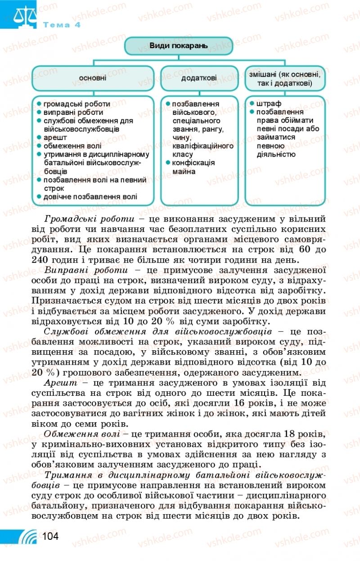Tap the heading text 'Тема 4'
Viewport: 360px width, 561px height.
pyautogui.click(x=62, y=25)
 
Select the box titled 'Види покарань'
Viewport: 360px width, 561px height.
pyautogui.click(x=178, y=45)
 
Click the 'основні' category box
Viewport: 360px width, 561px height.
pyautogui.click(x=93, y=78)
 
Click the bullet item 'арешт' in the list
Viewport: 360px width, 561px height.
pyautogui.click(x=55, y=137)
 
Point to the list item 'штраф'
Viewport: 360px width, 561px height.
pyautogui.click(x=268, y=104)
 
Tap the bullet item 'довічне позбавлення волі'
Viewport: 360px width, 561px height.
pyautogui.click(x=90, y=197)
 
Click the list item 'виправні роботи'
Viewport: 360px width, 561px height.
pyautogui.click(x=73, y=112)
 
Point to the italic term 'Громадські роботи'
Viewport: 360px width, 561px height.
pyautogui.click(x=90, y=219)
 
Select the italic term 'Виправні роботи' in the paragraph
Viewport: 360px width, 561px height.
pyautogui.click(x=86, y=270)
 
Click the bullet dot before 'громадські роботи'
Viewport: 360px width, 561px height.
pyautogui.click(x=40, y=104)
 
